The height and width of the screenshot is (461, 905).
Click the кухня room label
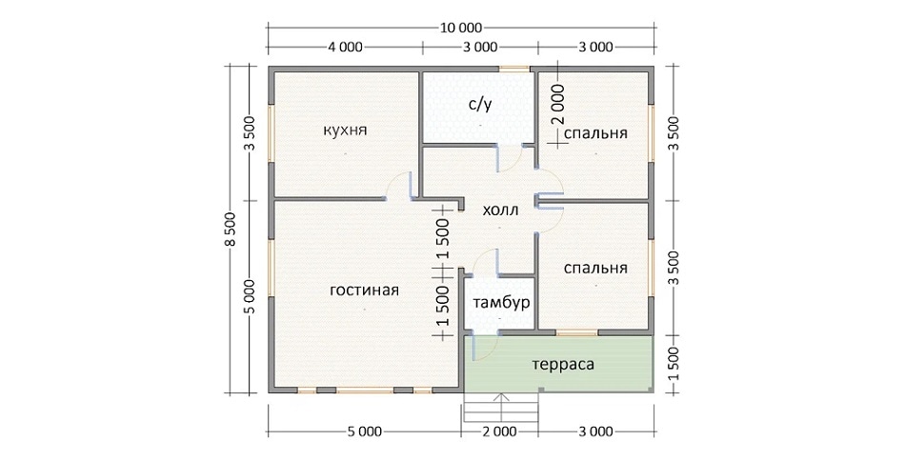coord(345,130)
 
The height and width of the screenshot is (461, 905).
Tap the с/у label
coord(479,105)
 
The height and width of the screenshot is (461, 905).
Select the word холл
coord(500,210)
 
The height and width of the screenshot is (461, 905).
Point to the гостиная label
coord(364,290)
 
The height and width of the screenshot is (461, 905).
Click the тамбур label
coord(501,303)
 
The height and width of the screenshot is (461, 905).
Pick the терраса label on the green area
coord(563,365)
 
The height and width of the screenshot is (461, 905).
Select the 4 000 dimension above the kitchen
coord(345,48)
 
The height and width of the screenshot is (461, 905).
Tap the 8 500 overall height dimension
coord(231,230)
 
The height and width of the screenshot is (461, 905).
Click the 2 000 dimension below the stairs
coord(499,431)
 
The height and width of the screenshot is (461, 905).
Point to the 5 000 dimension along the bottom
coord(365,431)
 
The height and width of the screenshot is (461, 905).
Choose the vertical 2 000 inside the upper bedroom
coord(557,105)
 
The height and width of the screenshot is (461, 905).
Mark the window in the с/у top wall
coord(514,70)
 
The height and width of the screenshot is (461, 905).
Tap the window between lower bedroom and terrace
coord(576,332)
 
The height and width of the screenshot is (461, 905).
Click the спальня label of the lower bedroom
coord(595,268)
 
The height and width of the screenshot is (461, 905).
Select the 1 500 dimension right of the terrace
coord(673,364)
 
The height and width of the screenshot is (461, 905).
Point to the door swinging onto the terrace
coord(484,349)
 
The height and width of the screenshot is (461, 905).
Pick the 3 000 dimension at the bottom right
coord(595,431)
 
